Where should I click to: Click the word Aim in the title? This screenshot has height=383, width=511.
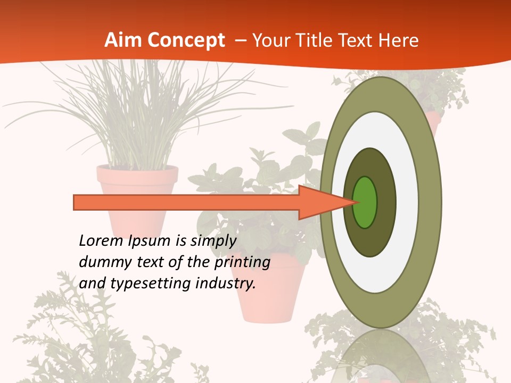[x=121, y=40]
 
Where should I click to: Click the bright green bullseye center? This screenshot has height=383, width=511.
[x=365, y=202]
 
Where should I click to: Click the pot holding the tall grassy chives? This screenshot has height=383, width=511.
[x=137, y=181]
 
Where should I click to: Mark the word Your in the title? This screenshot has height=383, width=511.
[x=269, y=40]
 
